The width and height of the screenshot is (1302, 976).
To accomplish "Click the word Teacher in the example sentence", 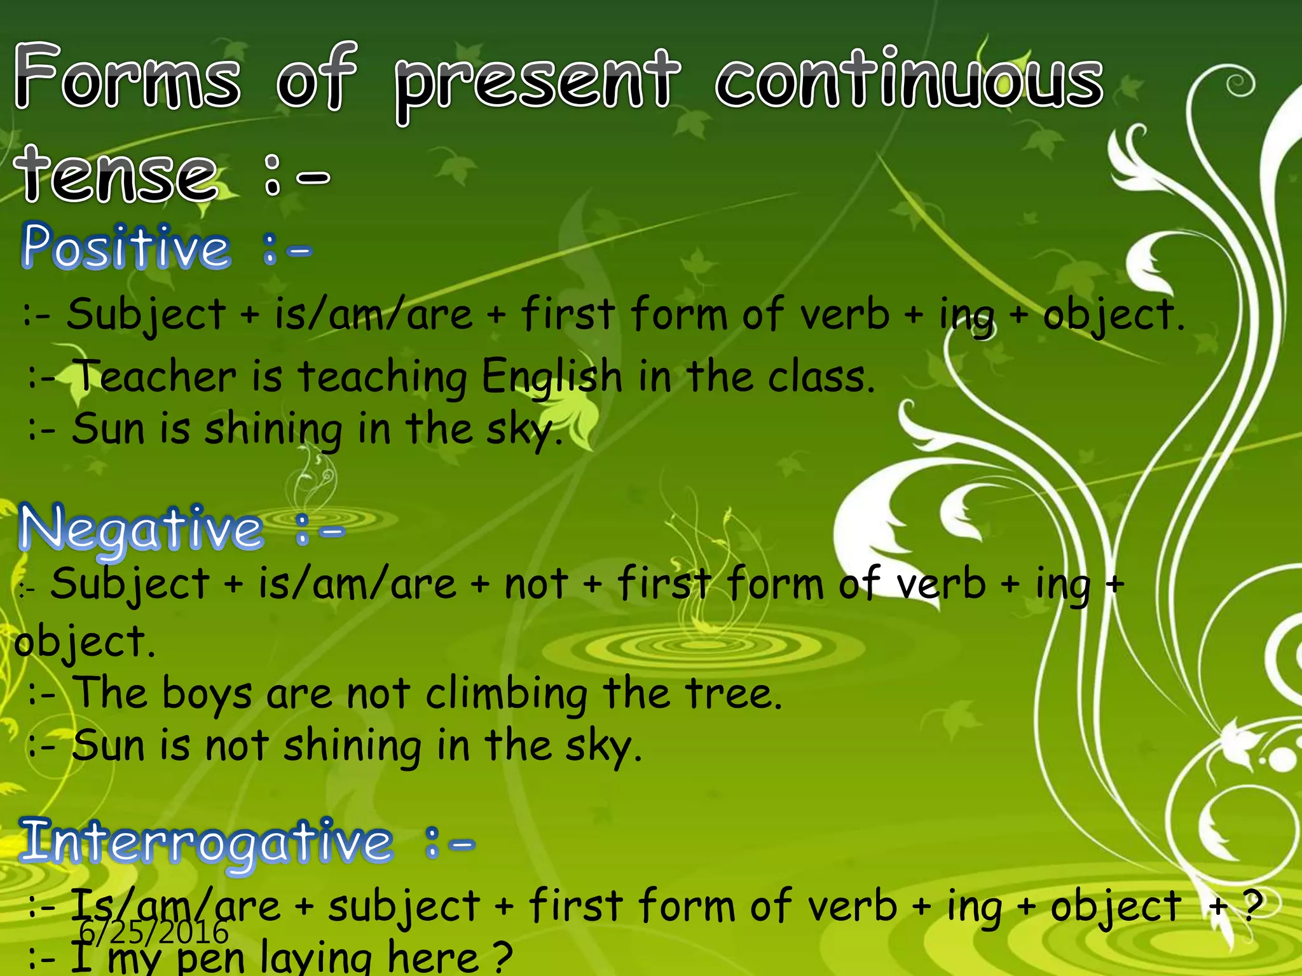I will tap(156, 377).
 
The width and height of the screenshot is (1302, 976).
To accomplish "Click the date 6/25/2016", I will tap(153, 933).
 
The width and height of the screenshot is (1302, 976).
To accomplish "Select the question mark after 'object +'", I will tap(1252, 904).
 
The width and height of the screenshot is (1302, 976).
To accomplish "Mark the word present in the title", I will tap(537, 83).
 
